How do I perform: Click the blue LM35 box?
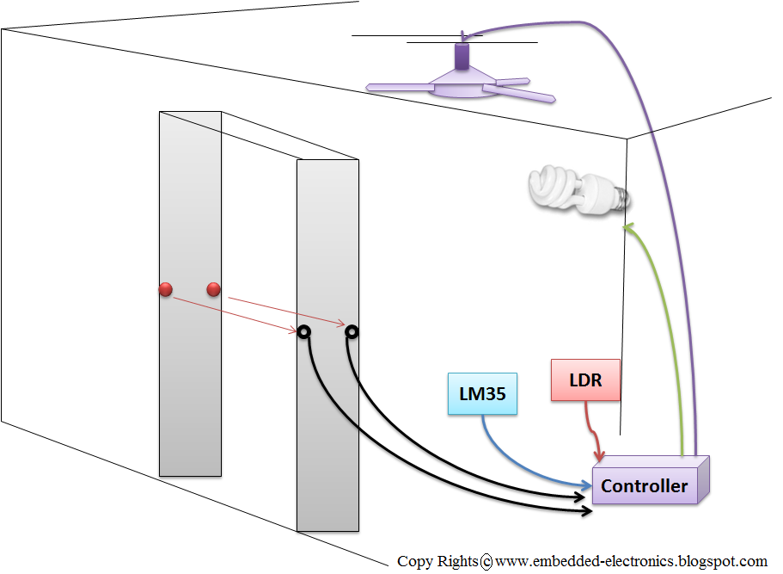click(x=482, y=393)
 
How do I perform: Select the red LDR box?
click(x=585, y=380)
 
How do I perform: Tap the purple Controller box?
click(x=650, y=480)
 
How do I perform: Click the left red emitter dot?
click(x=165, y=289)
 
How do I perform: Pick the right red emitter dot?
click(x=213, y=289)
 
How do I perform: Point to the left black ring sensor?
click(x=303, y=331)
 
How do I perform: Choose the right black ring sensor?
click(x=352, y=331)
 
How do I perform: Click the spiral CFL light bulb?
click(x=578, y=190)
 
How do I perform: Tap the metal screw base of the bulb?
click(x=621, y=198)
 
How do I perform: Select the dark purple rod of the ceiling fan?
click(x=462, y=56)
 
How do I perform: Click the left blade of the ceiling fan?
click(x=400, y=88)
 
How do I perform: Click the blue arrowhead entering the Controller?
click(x=587, y=485)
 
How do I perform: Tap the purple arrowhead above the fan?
click(x=464, y=36)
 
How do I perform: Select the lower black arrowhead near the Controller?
click(x=587, y=511)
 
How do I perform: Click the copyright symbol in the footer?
click(x=486, y=562)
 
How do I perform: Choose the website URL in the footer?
click(x=631, y=561)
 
